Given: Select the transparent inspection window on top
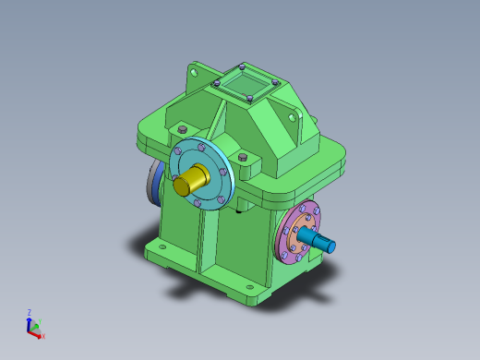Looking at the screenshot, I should click(x=246, y=84).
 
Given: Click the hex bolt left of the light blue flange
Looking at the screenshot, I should click(x=181, y=128).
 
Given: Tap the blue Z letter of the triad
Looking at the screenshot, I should click(x=30, y=312).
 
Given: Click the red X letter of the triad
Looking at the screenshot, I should click(x=43, y=336).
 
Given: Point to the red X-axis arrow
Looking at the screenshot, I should click(x=37, y=332).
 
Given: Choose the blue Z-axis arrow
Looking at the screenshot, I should click(x=30, y=322).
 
